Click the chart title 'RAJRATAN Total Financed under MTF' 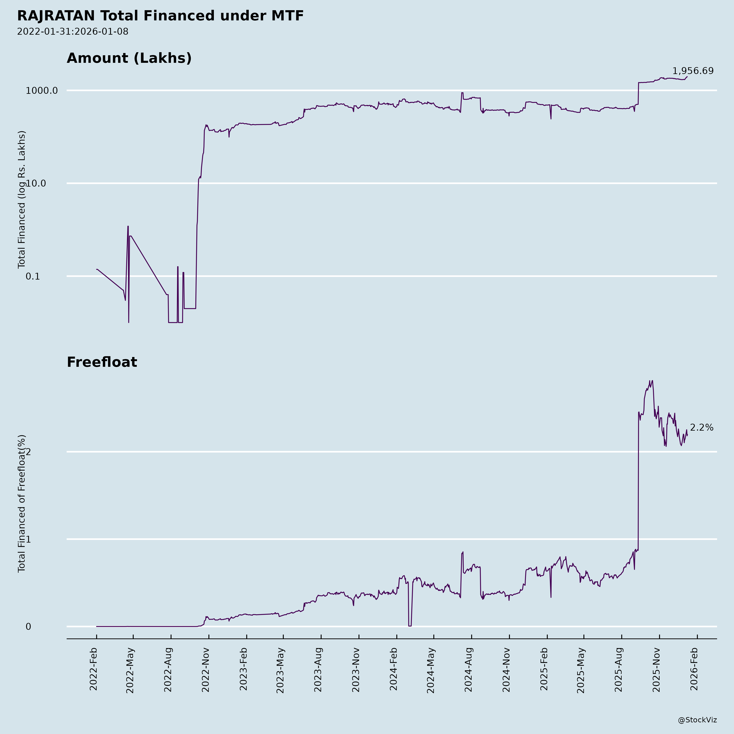point(160,16)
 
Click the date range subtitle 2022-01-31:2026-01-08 point(73,32)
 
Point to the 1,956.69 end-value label point(693,71)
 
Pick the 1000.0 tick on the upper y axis point(42,90)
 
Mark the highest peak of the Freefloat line point(652,381)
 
